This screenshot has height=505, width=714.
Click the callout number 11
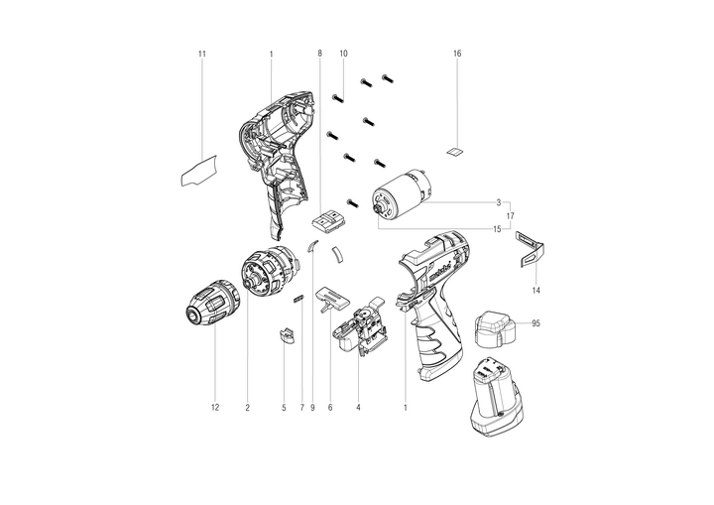(202, 54)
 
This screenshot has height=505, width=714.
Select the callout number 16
(457, 54)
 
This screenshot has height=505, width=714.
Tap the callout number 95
(535, 323)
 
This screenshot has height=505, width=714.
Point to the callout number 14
(536, 291)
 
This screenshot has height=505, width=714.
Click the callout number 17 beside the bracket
(510, 216)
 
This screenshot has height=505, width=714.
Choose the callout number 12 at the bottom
(215, 408)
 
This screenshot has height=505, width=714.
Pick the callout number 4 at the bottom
(358, 408)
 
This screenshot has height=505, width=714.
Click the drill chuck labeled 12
(212, 302)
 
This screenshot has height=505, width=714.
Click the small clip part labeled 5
(287, 335)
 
